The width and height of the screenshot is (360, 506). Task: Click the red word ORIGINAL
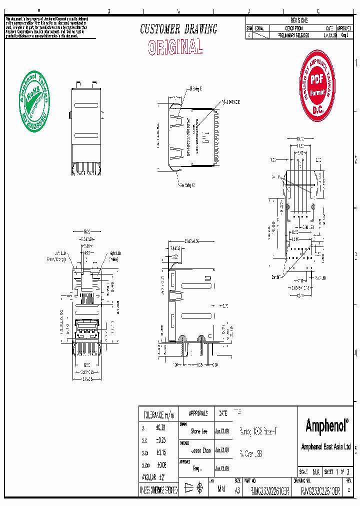pyautogui.click(x=175, y=47)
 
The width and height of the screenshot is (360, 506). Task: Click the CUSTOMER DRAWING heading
pyautogui.click(x=178, y=29)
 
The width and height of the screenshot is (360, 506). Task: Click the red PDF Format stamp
pyautogui.click(x=317, y=88)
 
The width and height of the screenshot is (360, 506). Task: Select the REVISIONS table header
pyautogui.click(x=299, y=20)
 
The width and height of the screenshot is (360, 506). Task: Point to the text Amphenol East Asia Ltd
pyautogui.click(x=325, y=447)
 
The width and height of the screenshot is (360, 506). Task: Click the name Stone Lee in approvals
pyautogui.click(x=199, y=431)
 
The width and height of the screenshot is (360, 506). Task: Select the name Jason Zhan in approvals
pyautogui.click(x=199, y=450)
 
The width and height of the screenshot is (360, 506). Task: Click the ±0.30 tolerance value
pyautogui.click(x=160, y=428)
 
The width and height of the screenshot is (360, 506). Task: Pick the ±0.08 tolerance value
pyautogui.click(x=160, y=464)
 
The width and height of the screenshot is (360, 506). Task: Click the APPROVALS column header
pyautogui.click(x=198, y=413)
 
